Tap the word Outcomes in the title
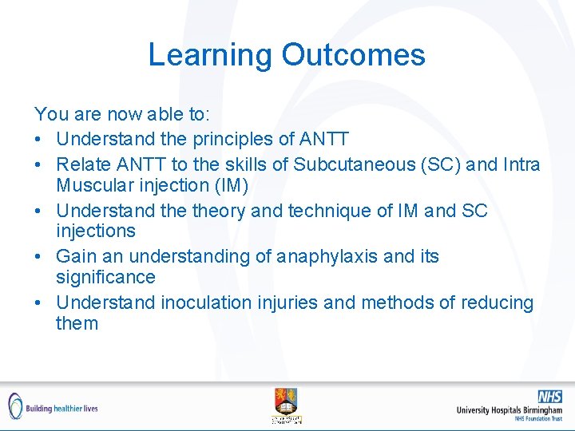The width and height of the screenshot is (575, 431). click(353, 55)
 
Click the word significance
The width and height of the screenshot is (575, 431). click(105, 277)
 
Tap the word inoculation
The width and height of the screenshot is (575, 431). click(212, 302)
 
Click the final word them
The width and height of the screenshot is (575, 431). click(77, 323)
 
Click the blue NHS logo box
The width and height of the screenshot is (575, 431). click(549, 396)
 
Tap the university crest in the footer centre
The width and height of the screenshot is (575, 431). click(286, 403)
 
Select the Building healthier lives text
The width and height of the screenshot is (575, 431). click(61, 408)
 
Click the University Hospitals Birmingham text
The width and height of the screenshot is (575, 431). click(509, 409)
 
